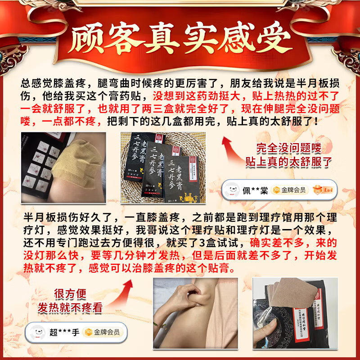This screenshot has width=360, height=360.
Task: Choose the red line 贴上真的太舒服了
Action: [x=288, y=162]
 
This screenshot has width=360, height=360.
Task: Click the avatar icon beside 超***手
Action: [x=37, y=333]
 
